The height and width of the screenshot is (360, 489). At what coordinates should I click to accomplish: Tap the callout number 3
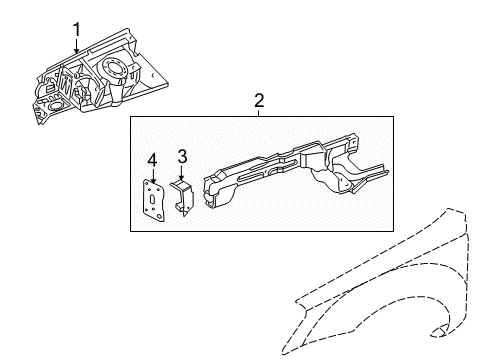click(x=182, y=156)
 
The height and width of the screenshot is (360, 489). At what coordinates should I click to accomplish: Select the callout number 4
click(x=152, y=160)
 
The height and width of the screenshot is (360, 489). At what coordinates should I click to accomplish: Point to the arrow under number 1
click(x=76, y=46)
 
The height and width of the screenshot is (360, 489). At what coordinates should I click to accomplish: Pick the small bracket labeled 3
click(x=184, y=195)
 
